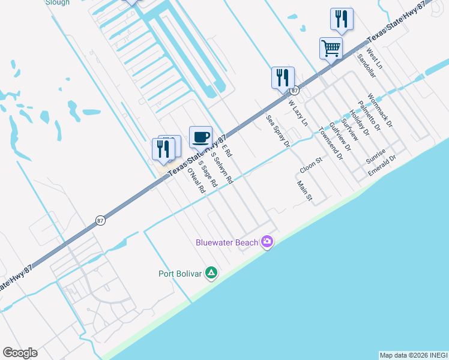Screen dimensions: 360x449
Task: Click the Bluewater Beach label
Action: click(x=227, y=242)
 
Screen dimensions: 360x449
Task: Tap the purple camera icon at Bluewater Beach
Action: click(x=267, y=242)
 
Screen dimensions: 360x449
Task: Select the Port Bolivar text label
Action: click(x=179, y=274)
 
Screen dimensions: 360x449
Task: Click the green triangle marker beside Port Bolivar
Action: click(x=211, y=273)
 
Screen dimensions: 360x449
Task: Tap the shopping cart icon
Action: click(x=331, y=47)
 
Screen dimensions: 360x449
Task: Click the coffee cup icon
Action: click(x=200, y=136)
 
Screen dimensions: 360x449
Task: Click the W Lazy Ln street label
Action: click(x=298, y=113)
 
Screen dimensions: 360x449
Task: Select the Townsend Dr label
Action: click(x=330, y=146)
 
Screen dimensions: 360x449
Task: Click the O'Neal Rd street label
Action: click(x=196, y=180)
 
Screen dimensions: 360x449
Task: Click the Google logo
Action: click(x=20, y=353)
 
